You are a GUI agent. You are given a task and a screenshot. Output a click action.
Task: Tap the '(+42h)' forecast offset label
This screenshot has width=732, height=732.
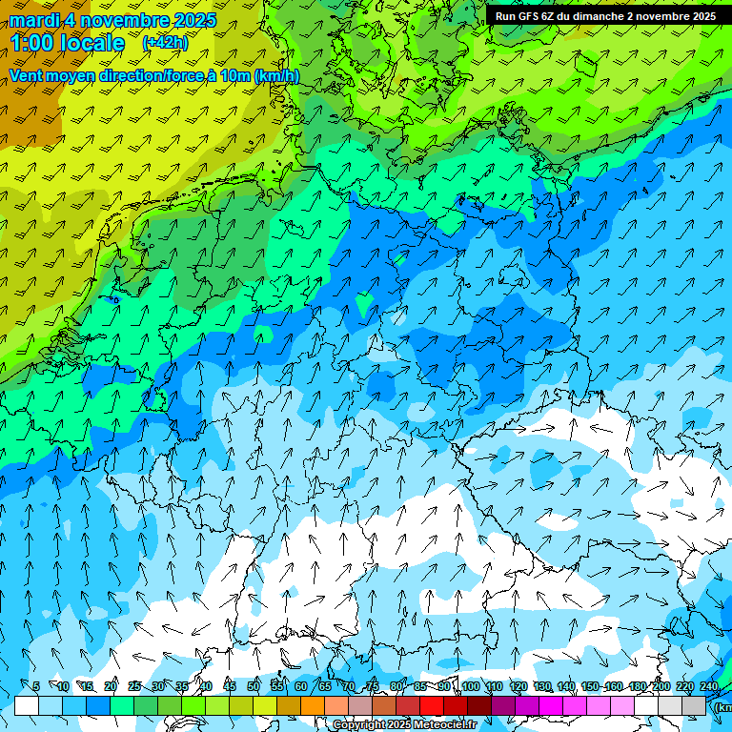pos(165,43)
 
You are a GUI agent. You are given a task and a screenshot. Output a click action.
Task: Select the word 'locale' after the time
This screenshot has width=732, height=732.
pos(94,43)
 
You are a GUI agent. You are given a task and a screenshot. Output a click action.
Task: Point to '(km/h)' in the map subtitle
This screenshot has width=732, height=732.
pos(277,75)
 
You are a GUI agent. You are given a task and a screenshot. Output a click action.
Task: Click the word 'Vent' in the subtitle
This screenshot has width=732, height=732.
pos(28,75)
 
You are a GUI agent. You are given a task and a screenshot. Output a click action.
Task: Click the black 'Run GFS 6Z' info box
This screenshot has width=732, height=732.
pos(605,16)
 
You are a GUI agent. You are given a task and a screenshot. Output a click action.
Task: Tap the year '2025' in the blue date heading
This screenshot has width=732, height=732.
pos(189,20)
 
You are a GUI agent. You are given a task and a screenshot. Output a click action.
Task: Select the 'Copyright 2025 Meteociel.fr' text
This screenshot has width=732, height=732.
pos(404,724)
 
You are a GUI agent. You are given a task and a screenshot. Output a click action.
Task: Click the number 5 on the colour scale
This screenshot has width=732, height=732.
pos(35,686)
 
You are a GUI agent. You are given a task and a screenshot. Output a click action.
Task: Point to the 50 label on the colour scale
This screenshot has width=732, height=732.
pos(254,686)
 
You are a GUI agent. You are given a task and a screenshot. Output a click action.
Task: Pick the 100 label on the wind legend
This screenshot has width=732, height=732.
pos(470,686)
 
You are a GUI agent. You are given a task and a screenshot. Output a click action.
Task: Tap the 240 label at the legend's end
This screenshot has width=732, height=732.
pos(709,686)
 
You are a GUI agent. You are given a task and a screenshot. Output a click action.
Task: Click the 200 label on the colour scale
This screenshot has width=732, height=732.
pos(661,686)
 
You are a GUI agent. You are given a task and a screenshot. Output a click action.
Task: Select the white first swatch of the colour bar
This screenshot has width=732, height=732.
pos(27,705)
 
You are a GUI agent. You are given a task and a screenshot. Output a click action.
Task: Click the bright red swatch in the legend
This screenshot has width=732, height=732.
pos(432,705)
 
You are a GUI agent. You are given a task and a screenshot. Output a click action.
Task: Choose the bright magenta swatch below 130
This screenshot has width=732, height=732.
pos(551,705)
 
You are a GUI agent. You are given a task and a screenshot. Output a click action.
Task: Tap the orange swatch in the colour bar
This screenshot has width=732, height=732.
pos(313,705)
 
